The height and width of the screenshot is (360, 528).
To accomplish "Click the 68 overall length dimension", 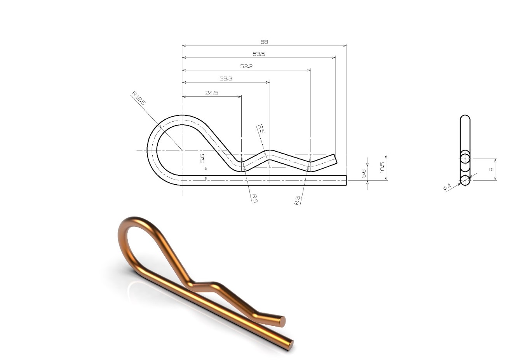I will pyautogui.click(x=264, y=42).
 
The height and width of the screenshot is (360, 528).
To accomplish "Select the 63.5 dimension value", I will pyautogui.click(x=258, y=54).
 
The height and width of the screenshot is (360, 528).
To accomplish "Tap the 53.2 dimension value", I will pyautogui.click(x=246, y=66).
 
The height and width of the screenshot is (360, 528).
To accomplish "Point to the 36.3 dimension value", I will pyautogui.click(x=226, y=79).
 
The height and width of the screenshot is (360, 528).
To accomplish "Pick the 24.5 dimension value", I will pyautogui.click(x=211, y=93).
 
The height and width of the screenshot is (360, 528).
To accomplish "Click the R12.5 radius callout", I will pyautogui.click(x=138, y=98).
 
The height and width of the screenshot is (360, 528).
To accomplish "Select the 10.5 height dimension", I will pyautogui.click(x=382, y=167).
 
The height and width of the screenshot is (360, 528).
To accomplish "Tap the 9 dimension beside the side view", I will pyautogui.click(x=491, y=170).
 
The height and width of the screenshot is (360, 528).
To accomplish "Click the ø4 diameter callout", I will pyautogui.click(x=447, y=187).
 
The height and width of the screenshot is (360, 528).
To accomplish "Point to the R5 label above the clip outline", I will pyautogui.click(x=261, y=129).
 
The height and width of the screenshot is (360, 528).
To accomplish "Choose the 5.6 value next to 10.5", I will pyautogui.click(x=364, y=173).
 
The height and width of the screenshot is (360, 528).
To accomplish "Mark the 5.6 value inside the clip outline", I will pyautogui.click(x=202, y=158).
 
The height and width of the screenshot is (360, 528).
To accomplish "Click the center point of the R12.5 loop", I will pyautogui.click(x=182, y=150).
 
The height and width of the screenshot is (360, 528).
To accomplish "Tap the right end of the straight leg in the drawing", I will pyautogui.click(x=345, y=180).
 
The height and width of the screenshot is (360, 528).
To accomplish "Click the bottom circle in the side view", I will pyautogui.click(x=465, y=180).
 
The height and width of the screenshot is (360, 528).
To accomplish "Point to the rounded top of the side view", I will pyautogui.click(x=465, y=117).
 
